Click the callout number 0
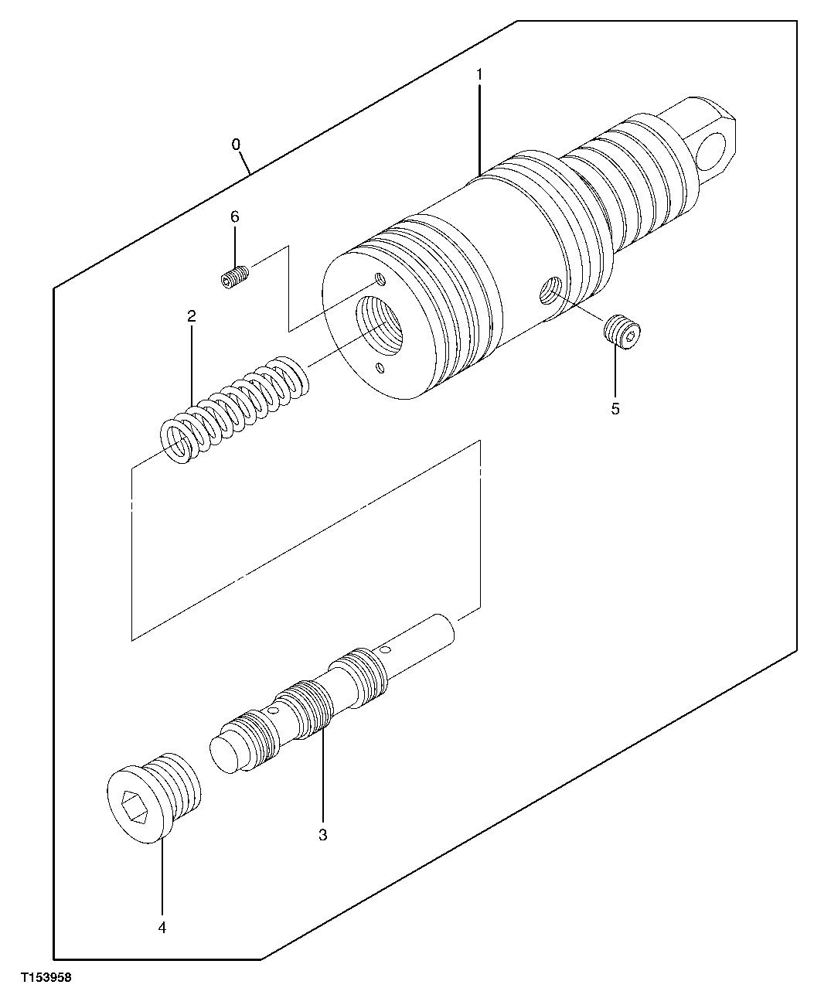[236, 145]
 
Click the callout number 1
[479, 75]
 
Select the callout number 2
[191, 316]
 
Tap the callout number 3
[322, 835]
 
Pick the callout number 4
[162, 927]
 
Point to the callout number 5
[615, 409]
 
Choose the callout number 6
[235, 217]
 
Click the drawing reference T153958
[46, 978]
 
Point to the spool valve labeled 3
[325, 696]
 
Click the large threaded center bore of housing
[379, 324]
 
